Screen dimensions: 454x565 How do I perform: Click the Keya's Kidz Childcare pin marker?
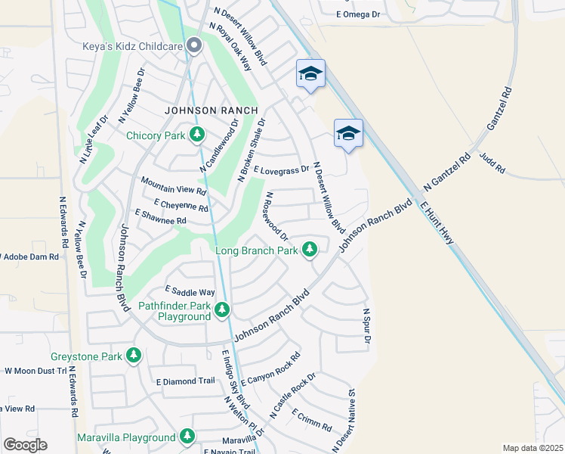pos(194,46)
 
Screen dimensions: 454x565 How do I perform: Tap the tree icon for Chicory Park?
pos(197,135)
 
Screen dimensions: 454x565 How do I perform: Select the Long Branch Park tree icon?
pos(310,249)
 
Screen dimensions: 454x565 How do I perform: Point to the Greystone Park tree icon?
pos(134,355)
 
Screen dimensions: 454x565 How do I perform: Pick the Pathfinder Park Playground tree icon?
pos(221,309)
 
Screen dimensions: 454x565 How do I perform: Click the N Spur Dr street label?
pos(366,326)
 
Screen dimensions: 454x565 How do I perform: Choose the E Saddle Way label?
pos(190,292)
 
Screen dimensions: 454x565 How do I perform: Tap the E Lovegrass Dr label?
pos(282,171)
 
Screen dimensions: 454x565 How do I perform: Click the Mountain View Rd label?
pos(174,185)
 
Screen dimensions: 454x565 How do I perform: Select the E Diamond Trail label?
pos(185,381)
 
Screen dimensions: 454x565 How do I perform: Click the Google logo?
pos(25,445)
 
